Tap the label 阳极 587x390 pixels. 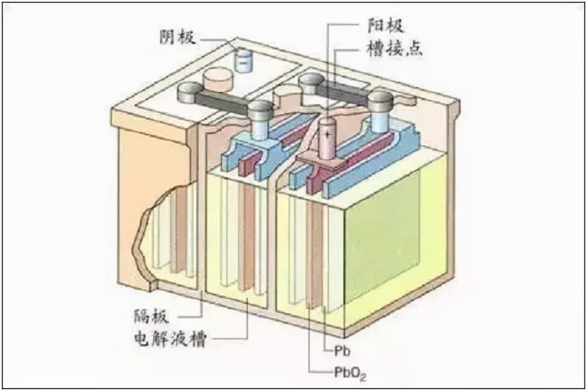point(385,25)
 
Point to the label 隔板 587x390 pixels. point(151,316)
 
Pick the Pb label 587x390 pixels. point(342,351)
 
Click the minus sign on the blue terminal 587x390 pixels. point(244,61)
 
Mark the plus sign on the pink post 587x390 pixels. point(328,134)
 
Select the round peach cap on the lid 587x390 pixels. point(218,79)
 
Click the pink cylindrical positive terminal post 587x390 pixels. point(328,138)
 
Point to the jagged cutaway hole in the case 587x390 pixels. point(164,237)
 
